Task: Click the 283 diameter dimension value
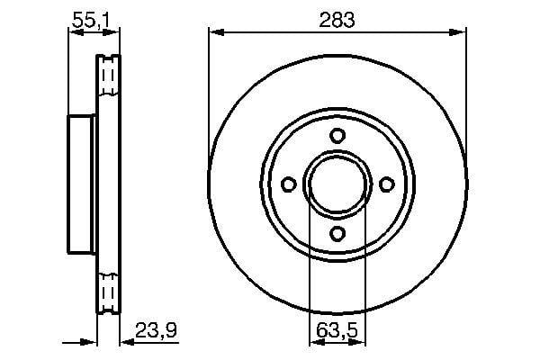pyautogui.click(x=337, y=20)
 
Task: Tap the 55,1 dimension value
pyautogui.click(x=91, y=21)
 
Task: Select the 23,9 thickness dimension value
pyautogui.click(x=156, y=330)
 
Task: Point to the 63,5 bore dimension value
pyautogui.click(x=337, y=331)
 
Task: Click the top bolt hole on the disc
pyautogui.click(x=337, y=135)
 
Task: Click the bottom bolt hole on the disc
pyautogui.click(x=337, y=234)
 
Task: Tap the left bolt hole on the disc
pyautogui.click(x=289, y=184)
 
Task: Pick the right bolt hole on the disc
pyautogui.click(x=387, y=184)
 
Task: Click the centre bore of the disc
pyautogui.click(x=337, y=184)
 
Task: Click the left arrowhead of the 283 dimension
pyautogui.click(x=217, y=32)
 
